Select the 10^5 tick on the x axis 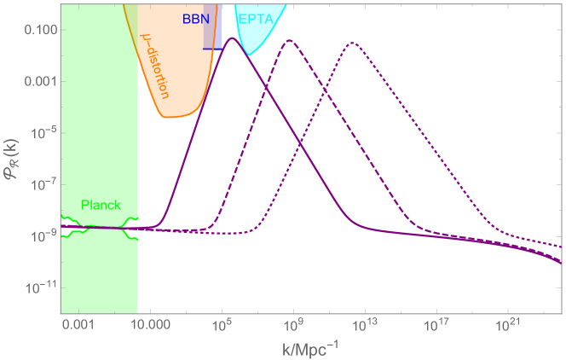pyautogui.click(x=222, y=325)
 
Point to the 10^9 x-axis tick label pyautogui.click(x=293, y=325)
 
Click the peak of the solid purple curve pyautogui.click(x=230, y=50)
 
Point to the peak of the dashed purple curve pyautogui.click(x=291, y=41)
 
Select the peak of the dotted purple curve pyautogui.click(x=351, y=42)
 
